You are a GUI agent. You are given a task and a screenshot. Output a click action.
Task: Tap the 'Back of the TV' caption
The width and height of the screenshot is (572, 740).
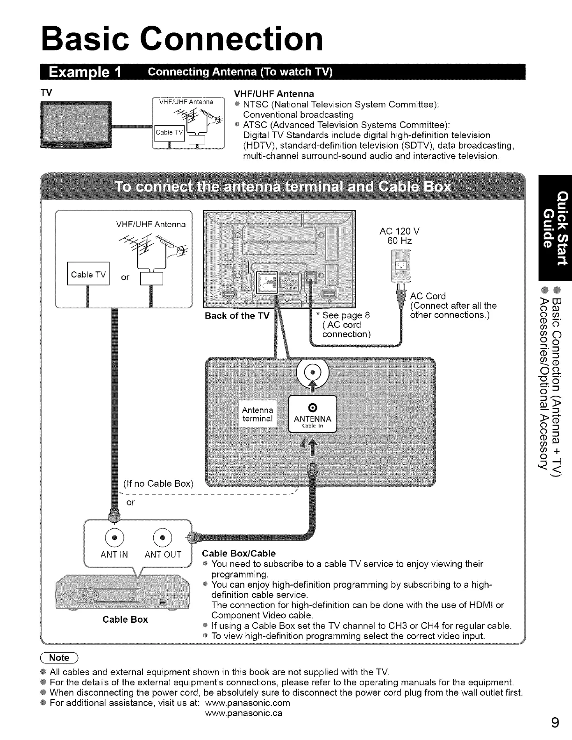[x=237, y=316]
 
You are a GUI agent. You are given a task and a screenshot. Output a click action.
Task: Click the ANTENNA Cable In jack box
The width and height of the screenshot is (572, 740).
[x=313, y=413]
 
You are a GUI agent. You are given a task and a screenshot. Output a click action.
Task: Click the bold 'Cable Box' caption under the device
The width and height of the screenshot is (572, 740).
[x=125, y=619]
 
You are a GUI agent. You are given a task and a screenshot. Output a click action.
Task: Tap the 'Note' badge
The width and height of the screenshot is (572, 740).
[x=59, y=658]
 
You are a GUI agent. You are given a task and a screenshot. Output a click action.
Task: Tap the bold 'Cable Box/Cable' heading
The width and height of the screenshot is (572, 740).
[x=238, y=554]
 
